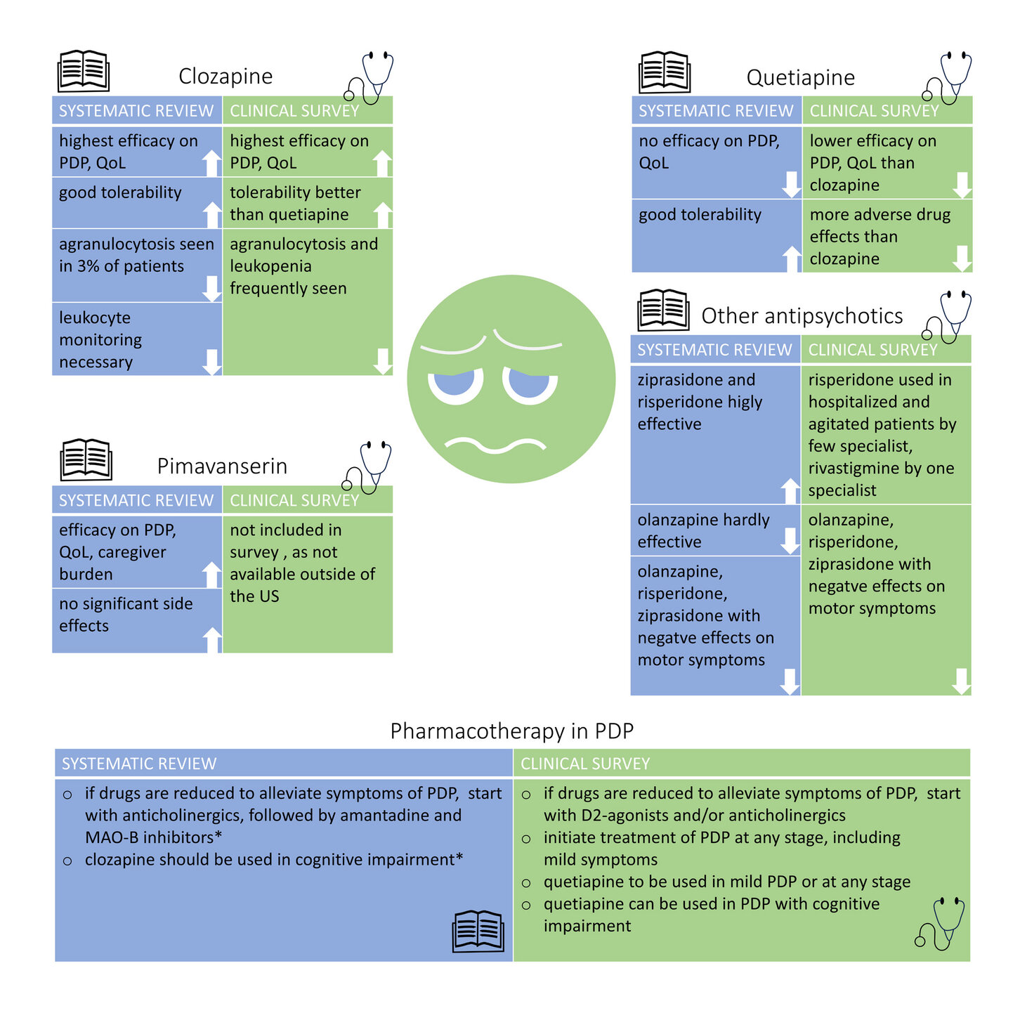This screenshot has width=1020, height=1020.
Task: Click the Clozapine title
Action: point(225,77)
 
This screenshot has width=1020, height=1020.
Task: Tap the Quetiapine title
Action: point(800,77)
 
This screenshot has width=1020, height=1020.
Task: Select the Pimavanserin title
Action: point(222,466)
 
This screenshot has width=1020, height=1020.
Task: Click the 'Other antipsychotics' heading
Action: point(802,316)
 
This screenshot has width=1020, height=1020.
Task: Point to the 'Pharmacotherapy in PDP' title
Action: point(512,731)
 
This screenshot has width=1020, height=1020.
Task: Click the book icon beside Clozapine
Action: point(83,71)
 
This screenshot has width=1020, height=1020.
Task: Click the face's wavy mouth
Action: point(495,445)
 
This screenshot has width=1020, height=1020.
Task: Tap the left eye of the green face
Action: point(456,385)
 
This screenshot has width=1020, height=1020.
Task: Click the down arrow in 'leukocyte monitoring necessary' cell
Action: point(211,362)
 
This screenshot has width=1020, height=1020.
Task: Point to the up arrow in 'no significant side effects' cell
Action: point(212,640)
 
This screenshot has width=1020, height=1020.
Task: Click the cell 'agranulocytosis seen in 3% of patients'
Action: point(137,266)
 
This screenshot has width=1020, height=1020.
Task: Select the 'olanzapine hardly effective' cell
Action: point(715,531)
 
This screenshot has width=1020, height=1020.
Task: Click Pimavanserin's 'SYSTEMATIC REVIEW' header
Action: point(137,500)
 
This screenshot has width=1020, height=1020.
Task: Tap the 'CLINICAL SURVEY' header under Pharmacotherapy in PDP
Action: point(742,764)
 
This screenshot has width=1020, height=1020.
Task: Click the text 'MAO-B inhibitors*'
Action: point(154,837)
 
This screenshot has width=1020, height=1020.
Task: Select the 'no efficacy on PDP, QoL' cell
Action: point(717,162)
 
